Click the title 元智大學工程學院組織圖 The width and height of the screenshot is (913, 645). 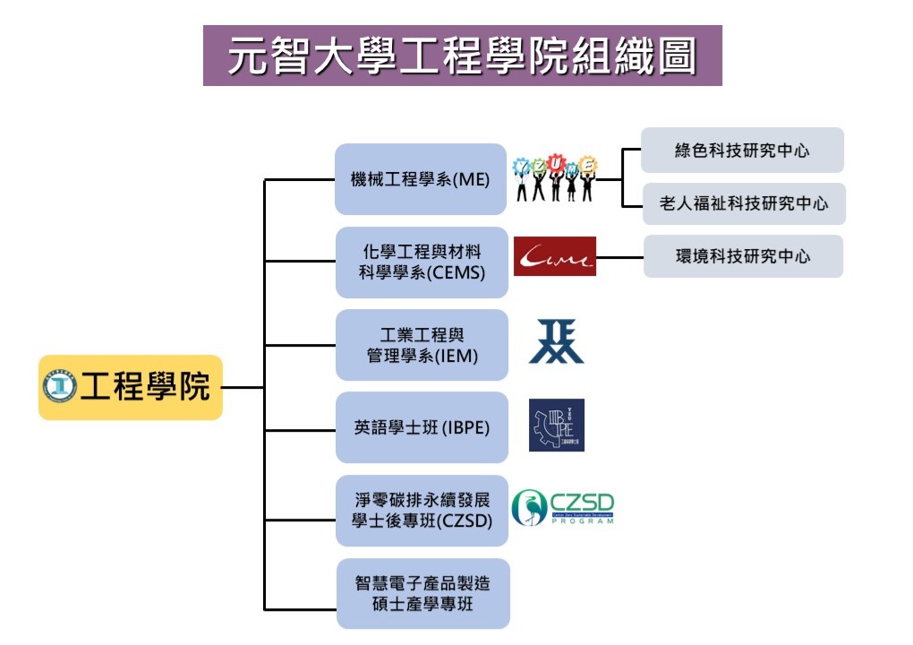(x=462, y=56)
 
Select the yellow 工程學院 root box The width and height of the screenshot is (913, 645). (x=131, y=387)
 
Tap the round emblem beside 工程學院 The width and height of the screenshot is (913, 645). (x=60, y=387)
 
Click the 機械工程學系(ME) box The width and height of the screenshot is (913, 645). (x=421, y=179)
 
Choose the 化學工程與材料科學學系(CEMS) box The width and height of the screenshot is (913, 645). (x=422, y=262)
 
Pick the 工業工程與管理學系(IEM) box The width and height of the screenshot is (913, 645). (x=422, y=345)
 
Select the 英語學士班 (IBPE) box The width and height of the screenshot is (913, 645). (x=422, y=427)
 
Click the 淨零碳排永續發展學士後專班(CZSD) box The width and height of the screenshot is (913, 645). (x=422, y=510)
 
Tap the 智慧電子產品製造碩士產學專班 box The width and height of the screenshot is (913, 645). (x=422, y=593)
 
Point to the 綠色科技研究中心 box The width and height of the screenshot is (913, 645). (x=742, y=150)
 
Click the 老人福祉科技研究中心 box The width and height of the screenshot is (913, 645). (x=743, y=203)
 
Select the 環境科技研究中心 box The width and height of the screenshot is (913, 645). (x=743, y=256)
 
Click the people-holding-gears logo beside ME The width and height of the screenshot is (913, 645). (x=555, y=178)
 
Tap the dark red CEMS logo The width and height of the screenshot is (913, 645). (x=555, y=257)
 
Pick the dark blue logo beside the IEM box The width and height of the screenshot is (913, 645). (x=556, y=342)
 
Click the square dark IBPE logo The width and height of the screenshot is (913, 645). (x=556, y=425)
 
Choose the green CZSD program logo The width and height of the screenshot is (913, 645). (x=563, y=508)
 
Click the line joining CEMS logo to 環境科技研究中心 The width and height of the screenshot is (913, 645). (x=619, y=257)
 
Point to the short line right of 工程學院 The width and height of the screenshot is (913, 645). (x=243, y=388)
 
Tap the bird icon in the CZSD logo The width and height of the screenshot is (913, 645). (x=528, y=508)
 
